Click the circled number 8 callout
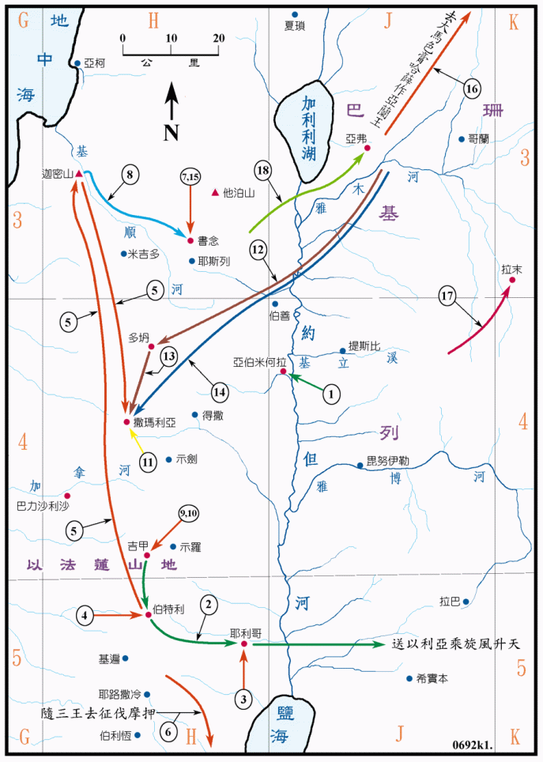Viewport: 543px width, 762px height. pos(131,174)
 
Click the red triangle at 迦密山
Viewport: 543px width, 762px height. pos(79,173)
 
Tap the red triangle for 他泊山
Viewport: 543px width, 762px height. pos(215,192)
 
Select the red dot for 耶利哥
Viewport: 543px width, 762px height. pos(244,644)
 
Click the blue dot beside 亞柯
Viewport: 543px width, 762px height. pos(77,63)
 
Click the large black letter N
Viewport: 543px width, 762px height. pos(171,131)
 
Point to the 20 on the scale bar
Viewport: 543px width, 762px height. pos(219,37)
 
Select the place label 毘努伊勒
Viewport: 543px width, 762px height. pos(390,461)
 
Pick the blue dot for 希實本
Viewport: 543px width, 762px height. pos(409,678)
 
